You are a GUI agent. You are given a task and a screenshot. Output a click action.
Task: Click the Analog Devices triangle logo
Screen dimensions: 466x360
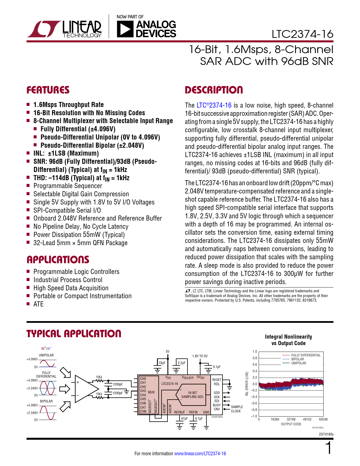(125, 29)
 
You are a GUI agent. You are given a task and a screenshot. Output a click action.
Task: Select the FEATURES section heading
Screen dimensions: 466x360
(48, 90)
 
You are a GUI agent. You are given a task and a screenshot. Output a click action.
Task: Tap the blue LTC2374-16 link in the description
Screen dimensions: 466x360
(214, 105)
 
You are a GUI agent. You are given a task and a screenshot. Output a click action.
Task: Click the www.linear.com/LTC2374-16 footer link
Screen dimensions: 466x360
(200, 454)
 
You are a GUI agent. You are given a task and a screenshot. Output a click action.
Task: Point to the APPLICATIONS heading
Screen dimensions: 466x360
(58, 260)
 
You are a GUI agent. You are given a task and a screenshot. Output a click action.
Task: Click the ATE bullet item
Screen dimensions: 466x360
(38, 304)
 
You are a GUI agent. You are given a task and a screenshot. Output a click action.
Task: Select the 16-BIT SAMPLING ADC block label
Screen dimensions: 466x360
(192, 395)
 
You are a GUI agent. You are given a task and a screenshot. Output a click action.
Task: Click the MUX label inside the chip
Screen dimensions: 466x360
(151, 392)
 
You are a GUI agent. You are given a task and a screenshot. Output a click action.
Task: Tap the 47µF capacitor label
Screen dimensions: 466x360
(184, 419)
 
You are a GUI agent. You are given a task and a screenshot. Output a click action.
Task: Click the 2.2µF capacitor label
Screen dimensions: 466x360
(182, 363)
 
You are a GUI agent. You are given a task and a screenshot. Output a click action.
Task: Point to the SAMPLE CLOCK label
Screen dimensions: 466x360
(237, 409)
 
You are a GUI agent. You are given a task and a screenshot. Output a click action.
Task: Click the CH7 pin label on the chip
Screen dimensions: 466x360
(143, 407)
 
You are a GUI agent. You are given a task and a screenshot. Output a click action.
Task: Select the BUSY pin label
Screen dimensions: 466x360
(217, 405)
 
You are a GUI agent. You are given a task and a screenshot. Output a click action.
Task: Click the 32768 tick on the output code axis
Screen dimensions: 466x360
(291, 419)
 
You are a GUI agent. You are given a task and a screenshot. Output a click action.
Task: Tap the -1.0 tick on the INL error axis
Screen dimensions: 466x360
(254, 416)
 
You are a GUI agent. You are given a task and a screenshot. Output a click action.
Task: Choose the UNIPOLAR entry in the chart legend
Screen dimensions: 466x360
(299, 363)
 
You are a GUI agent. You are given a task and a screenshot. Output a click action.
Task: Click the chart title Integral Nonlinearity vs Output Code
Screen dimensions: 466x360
(288, 340)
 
